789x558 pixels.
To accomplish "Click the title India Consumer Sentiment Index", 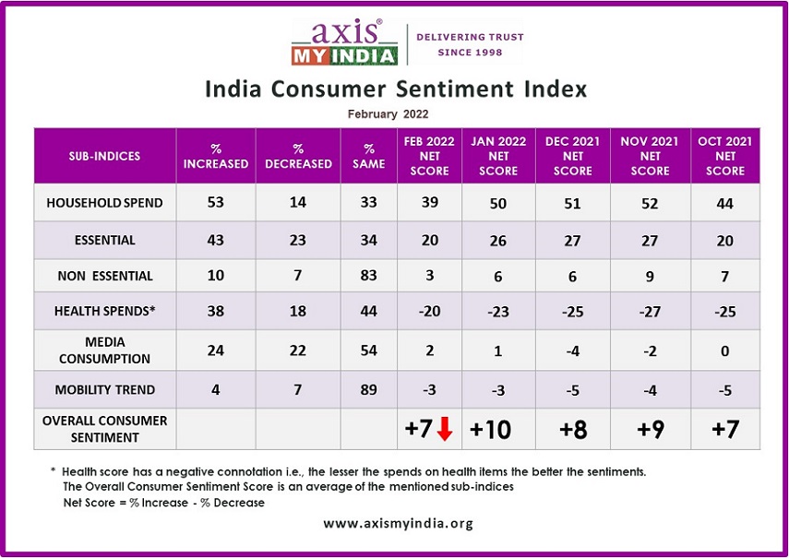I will click(395, 89).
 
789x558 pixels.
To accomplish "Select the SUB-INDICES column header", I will click(105, 156).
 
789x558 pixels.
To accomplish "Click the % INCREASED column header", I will click(216, 156).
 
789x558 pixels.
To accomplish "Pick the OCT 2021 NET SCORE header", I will click(724, 156).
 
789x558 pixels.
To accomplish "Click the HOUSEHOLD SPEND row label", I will click(105, 202).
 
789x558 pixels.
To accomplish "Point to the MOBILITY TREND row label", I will click(105, 389).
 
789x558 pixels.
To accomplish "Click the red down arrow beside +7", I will click(444, 429).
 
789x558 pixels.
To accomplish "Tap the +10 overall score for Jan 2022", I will click(498, 429).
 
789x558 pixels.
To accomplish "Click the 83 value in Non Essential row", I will click(369, 277).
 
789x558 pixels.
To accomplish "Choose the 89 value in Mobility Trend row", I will click(369, 389).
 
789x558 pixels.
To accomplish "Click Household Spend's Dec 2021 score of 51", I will click(573, 203).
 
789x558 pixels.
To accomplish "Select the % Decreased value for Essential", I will click(297, 240).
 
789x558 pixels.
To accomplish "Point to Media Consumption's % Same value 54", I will click(369, 351).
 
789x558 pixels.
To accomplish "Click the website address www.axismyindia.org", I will click(398, 523).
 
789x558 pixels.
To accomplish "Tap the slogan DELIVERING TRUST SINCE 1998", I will click(470, 44).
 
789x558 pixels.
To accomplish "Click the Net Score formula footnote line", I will click(163, 503).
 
